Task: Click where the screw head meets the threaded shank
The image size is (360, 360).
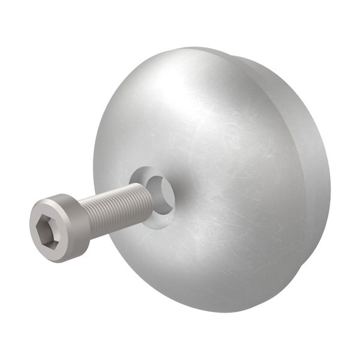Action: (x=84, y=219)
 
